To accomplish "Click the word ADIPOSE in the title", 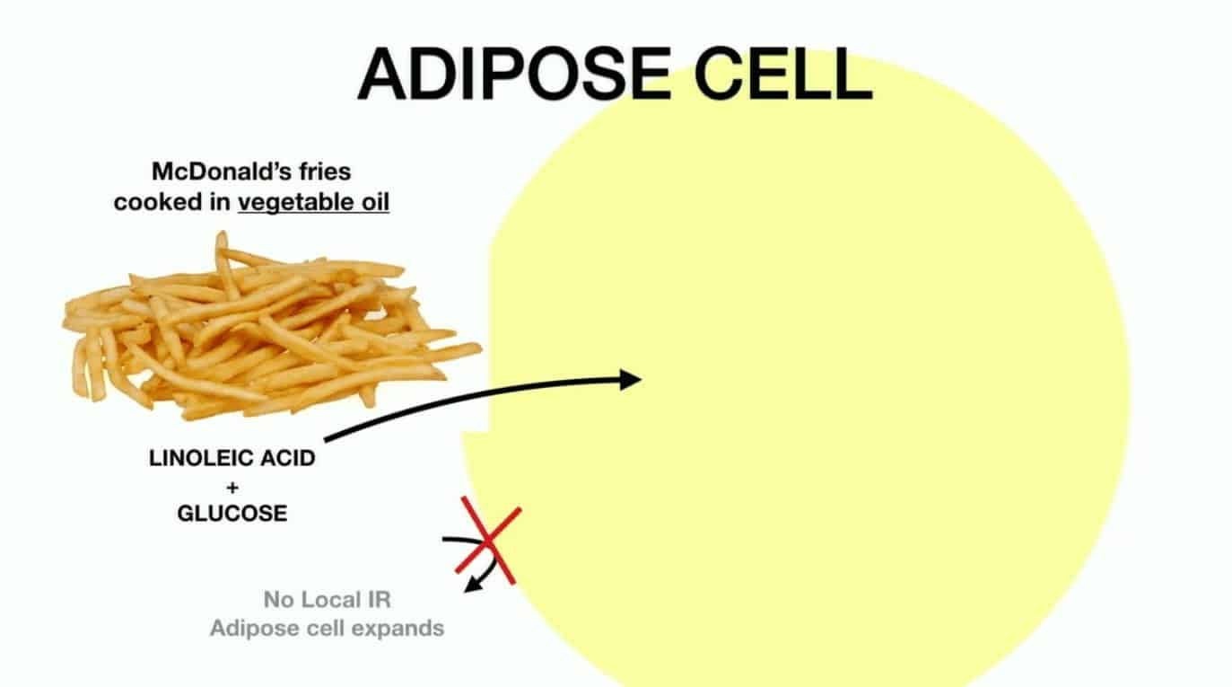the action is click(x=514, y=74).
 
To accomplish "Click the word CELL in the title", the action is click(x=783, y=74).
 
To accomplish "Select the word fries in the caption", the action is click(x=325, y=172).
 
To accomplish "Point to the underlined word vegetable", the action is click(x=295, y=203).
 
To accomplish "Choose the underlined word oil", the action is click(x=376, y=202).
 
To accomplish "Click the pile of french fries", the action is click(x=269, y=328).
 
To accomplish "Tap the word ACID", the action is click(x=288, y=458).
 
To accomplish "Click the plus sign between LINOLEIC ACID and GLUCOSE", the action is click(x=232, y=487).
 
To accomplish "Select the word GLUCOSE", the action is click(x=232, y=514).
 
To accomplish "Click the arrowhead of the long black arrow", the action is click(x=630, y=379).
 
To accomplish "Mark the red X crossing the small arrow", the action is click(x=488, y=541).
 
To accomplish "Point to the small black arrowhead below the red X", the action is click(x=473, y=585).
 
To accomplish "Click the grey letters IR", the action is click(x=380, y=600).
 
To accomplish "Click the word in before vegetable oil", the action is click(x=220, y=202).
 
